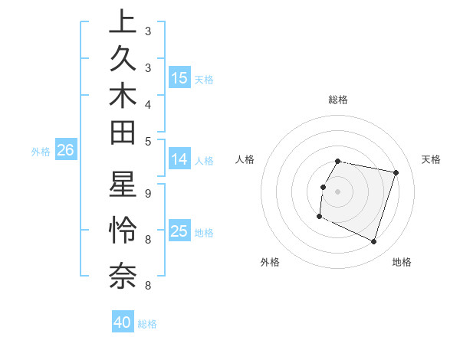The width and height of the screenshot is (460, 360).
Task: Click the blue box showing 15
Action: pos(179,77)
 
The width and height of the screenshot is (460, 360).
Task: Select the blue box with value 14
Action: pos(179,159)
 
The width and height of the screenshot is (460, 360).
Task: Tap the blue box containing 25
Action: pos(179,231)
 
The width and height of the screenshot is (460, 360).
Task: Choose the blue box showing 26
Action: pos(65,151)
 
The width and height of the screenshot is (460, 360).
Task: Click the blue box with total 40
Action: pos(123,322)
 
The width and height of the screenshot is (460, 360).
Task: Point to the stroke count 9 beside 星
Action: pos(147,194)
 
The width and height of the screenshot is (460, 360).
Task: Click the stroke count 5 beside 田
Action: pos(147,141)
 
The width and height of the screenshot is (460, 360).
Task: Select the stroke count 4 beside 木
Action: pos(147,104)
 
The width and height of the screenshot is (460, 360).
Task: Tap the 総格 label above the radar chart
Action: pos(338,100)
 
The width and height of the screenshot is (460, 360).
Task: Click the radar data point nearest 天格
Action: pos(396,173)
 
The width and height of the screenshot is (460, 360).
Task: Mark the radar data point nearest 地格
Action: pos(373,242)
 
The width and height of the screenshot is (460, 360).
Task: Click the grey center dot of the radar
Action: pos(338,191)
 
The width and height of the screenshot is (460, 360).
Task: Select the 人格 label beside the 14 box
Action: pos(204,161)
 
